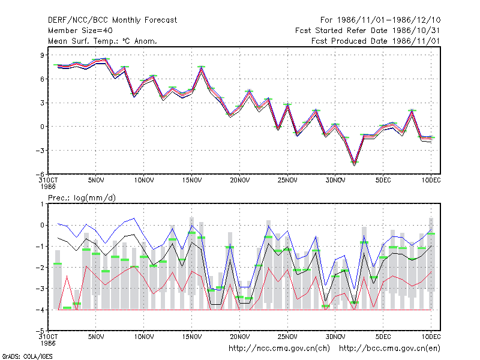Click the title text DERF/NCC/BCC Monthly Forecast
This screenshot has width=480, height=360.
pyautogui.click(x=112, y=20)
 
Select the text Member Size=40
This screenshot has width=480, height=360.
pyautogui.click(x=80, y=31)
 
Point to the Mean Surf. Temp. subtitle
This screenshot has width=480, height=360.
pyautogui.click(x=103, y=41)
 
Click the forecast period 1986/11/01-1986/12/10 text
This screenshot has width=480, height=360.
pyautogui.click(x=380, y=20)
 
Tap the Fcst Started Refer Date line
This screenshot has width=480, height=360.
pyautogui.click(x=367, y=31)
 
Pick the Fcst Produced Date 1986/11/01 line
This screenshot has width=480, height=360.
pyautogui.click(x=376, y=41)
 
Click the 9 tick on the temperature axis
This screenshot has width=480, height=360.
pyautogui.click(x=42, y=55)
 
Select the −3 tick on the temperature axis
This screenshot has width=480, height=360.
pyautogui.click(x=40, y=151)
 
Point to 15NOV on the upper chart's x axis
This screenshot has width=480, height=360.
pyautogui.click(x=191, y=180)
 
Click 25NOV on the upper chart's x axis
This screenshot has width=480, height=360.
pyautogui.click(x=287, y=180)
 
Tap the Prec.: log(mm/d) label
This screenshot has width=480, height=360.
pyautogui.click(x=82, y=198)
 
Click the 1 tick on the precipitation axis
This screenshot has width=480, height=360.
pyautogui.click(x=42, y=204)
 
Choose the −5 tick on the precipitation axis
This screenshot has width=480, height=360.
pyautogui.click(x=40, y=331)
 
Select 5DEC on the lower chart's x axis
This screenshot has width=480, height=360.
pyautogui.click(x=383, y=337)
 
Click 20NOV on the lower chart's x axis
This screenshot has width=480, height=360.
pyautogui.click(x=239, y=337)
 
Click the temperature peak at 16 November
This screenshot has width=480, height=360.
pyautogui.click(x=201, y=68)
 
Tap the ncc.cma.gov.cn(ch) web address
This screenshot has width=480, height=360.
pyautogui.click(x=279, y=349)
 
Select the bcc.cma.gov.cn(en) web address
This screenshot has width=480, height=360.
pyautogui.click(x=389, y=349)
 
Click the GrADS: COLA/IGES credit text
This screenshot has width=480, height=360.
pyautogui.click(x=27, y=356)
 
